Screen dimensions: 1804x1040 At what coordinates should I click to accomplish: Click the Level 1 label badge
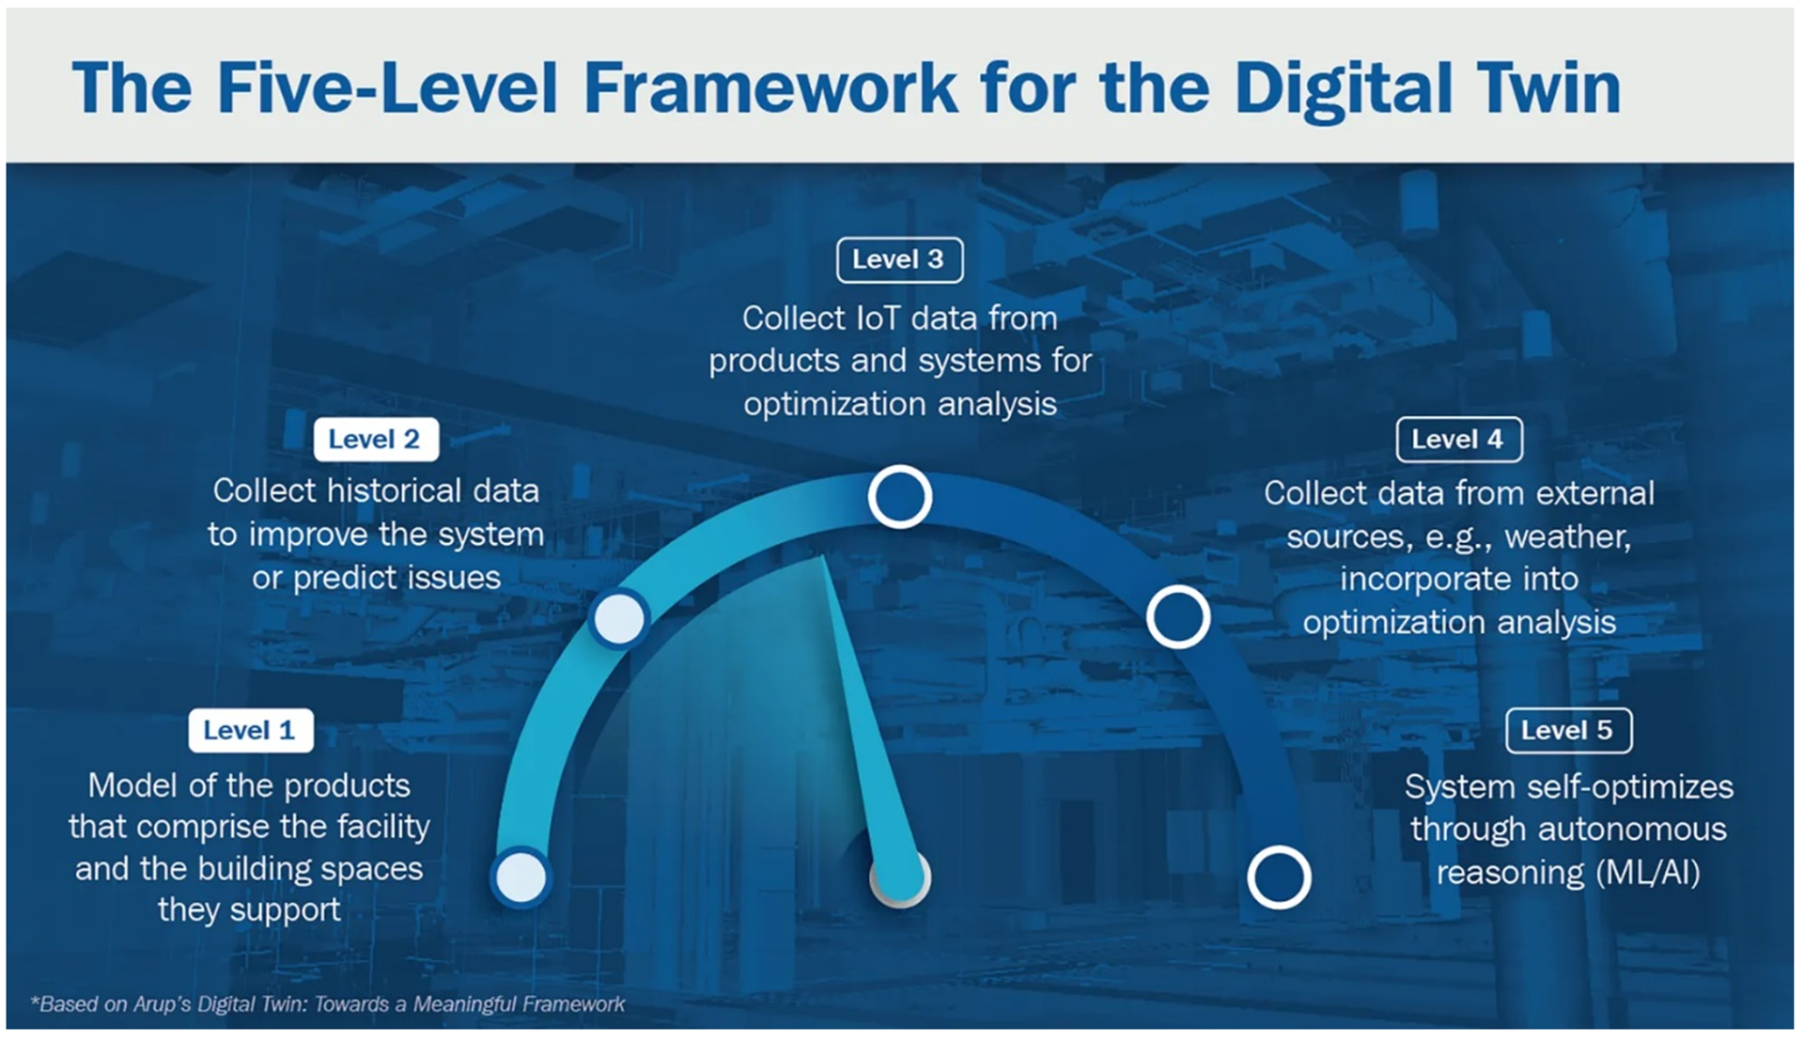pyautogui.click(x=251, y=730)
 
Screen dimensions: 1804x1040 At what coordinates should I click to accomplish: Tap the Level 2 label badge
pyautogui.click(x=376, y=439)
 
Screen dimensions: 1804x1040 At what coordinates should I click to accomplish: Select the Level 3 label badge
pyautogui.click(x=899, y=259)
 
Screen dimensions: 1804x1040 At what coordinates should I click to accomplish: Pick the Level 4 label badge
pyautogui.click(x=1459, y=439)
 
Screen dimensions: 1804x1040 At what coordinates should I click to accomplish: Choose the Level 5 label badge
pyautogui.click(x=1568, y=730)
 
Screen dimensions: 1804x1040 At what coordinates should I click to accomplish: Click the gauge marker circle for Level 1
pyautogui.click(x=521, y=877)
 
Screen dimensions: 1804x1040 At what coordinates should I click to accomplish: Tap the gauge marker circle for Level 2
pyautogui.click(x=619, y=618)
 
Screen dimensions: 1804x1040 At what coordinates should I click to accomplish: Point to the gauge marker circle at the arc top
pyautogui.click(x=899, y=496)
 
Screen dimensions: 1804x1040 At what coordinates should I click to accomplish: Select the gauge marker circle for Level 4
pyautogui.click(x=1177, y=617)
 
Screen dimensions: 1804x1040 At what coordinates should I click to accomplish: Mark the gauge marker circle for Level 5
pyautogui.click(x=1279, y=877)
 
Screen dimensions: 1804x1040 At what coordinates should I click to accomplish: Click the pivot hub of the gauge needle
pyautogui.click(x=899, y=878)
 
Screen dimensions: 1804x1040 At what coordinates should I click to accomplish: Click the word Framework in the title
pyautogui.click(x=770, y=87)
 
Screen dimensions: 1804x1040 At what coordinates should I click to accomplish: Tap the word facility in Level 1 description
pyautogui.click(x=381, y=827)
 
